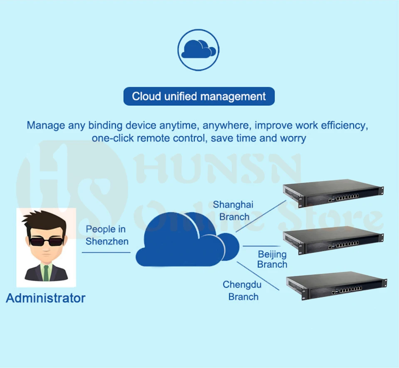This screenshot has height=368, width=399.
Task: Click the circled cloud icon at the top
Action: (x=198, y=49)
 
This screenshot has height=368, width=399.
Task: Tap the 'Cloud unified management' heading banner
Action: (x=199, y=96)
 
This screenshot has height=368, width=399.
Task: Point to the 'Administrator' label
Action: (x=46, y=298)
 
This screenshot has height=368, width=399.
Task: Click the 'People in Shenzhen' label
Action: (x=106, y=235)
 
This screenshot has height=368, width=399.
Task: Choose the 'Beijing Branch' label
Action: (x=272, y=259)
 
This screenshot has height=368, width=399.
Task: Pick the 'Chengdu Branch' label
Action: (x=243, y=291)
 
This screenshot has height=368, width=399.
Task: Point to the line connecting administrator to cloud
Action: (x=106, y=252)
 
